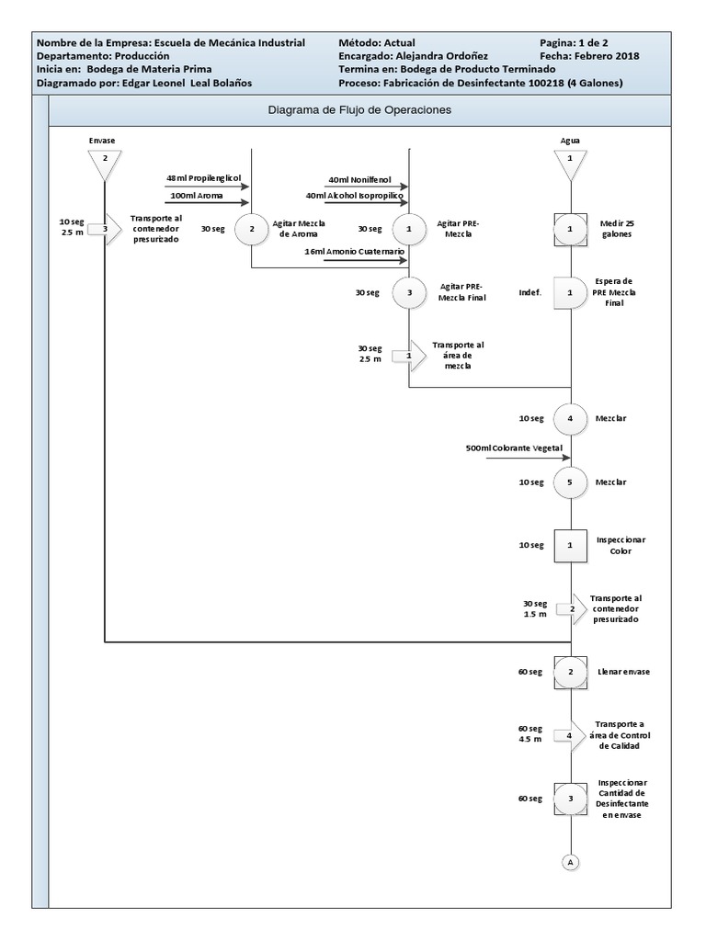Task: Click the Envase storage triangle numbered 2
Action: pos(105,163)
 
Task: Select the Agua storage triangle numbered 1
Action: pos(571,163)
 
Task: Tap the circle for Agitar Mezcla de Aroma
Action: pos(251,230)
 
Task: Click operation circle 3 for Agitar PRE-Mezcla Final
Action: pos(408,293)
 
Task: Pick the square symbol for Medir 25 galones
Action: pos(571,229)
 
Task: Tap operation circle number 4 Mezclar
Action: pos(571,418)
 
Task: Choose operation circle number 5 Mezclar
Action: pos(571,482)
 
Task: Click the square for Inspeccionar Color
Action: pos(571,545)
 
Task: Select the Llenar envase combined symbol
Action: pos(571,672)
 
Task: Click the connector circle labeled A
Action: pos(571,862)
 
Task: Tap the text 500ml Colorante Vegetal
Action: pos(515,448)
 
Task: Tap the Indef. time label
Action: pos(530,293)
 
